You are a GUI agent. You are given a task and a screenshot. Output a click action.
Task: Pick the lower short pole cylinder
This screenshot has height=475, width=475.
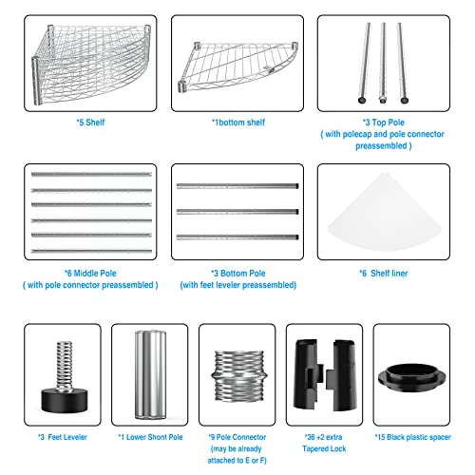[149, 372]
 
